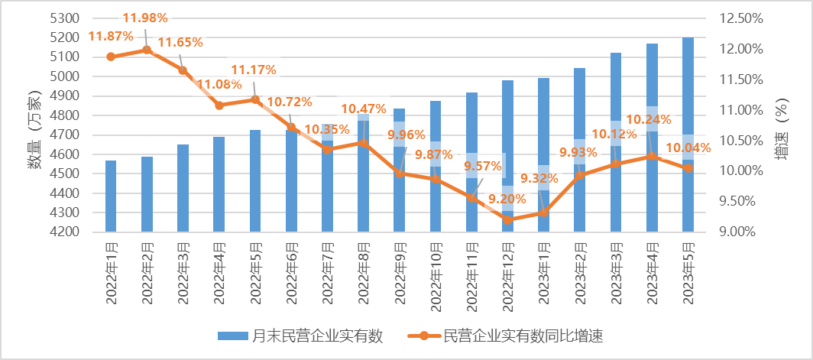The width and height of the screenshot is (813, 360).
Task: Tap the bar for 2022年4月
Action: (x=219, y=183)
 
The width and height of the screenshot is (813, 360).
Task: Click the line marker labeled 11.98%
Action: (x=147, y=50)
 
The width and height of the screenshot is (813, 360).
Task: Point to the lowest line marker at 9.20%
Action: (x=507, y=219)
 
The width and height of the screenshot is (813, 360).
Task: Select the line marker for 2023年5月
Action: (x=688, y=167)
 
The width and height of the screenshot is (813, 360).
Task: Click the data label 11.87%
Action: (x=111, y=36)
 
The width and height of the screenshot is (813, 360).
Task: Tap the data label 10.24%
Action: (x=649, y=119)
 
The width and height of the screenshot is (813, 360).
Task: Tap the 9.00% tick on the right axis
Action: (x=741, y=232)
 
